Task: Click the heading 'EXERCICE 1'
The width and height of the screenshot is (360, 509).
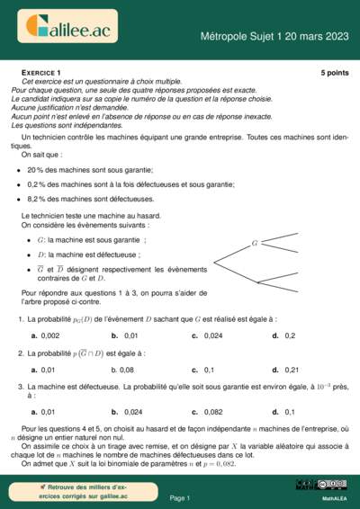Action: [x=40, y=71]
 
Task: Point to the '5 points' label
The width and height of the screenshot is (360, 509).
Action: [x=333, y=71]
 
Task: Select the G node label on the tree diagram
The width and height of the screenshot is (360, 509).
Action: [x=255, y=243]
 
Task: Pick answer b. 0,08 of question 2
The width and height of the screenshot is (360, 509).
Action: [x=122, y=369]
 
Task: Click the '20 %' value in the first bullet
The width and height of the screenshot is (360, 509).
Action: [x=37, y=169]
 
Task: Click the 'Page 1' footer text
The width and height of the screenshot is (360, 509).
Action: [x=180, y=497]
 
